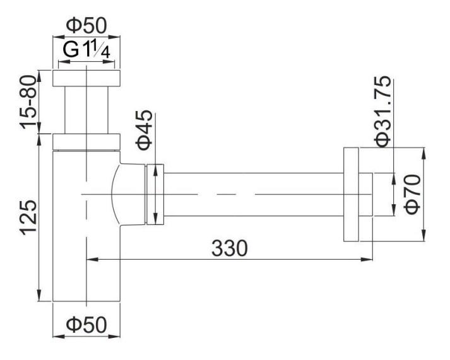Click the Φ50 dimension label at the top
(x=86, y=26)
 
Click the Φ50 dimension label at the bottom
(x=86, y=326)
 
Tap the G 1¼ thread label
(x=86, y=50)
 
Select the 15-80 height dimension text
(x=29, y=102)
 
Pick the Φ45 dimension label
(x=145, y=130)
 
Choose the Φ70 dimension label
(x=413, y=195)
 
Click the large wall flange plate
(x=351, y=194)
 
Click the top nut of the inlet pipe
(x=86, y=78)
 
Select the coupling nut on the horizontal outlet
(x=155, y=194)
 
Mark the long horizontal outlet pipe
(x=252, y=194)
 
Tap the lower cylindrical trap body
(x=86, y=252)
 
